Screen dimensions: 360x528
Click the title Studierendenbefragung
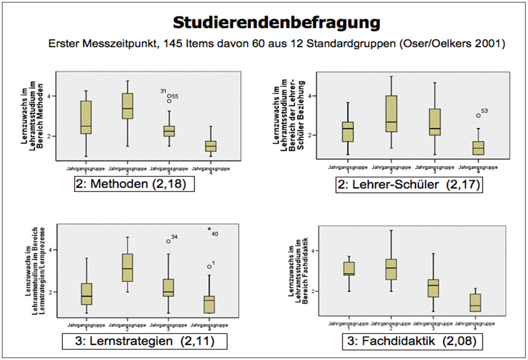pos(276,22)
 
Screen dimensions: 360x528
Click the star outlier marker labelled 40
pos(209,229)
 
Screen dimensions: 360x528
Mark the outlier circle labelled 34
pos(169,241)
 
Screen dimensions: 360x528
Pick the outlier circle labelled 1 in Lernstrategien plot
pos(209,267)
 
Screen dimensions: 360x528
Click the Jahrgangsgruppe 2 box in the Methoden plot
pos(127,106)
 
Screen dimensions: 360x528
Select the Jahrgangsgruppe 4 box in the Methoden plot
pos(211,146)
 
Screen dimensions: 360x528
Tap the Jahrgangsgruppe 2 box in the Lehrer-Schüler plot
pos(391,114)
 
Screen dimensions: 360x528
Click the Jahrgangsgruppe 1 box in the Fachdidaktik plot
pos(349,269)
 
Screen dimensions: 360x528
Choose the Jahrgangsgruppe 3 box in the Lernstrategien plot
pos(169,288)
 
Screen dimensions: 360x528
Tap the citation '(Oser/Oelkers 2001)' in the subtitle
pos(456,44)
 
